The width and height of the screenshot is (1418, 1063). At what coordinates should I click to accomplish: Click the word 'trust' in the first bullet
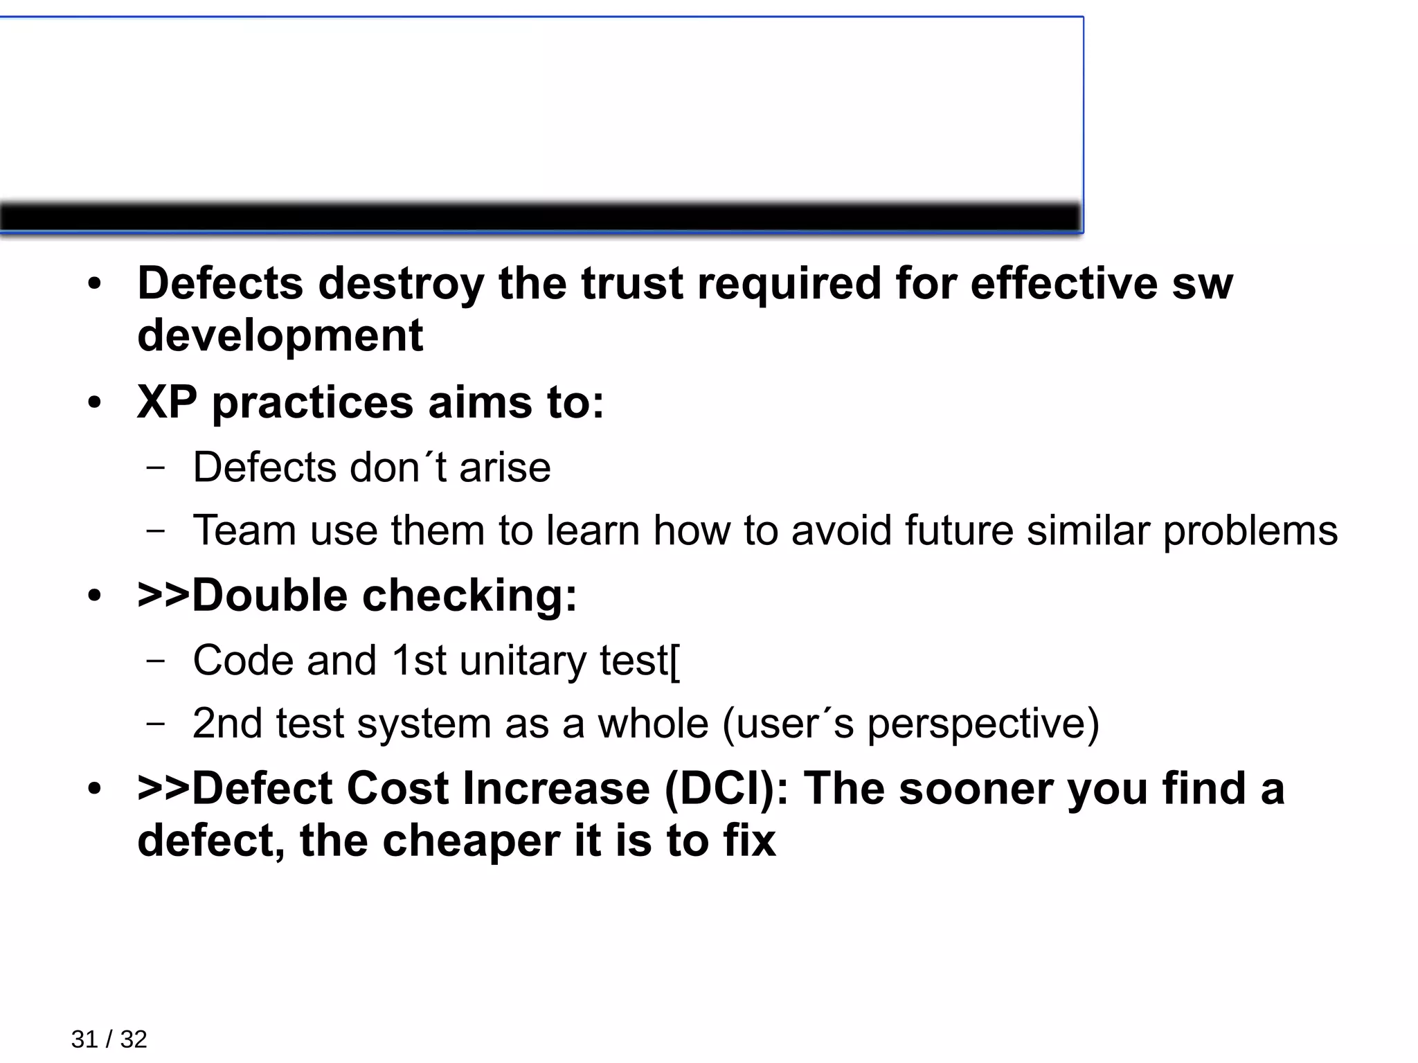pyautogui.click(x=631, y=284)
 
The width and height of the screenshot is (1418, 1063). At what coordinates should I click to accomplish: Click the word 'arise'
pyautogui.click(x=505, y=467)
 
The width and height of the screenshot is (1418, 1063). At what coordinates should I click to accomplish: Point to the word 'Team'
pyautogui.click(x=244, y=531)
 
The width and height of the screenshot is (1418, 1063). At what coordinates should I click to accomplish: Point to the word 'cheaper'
pyautogui.click(x=472, y=841)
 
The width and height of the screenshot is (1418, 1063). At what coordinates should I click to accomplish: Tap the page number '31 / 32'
pyautogui.click(x=109, y=1039)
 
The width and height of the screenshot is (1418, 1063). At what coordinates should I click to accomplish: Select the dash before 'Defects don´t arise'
pyautogui.click(x=156, y=467)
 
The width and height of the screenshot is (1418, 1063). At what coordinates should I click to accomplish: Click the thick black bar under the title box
pyautogui.click(x=540, y=218)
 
